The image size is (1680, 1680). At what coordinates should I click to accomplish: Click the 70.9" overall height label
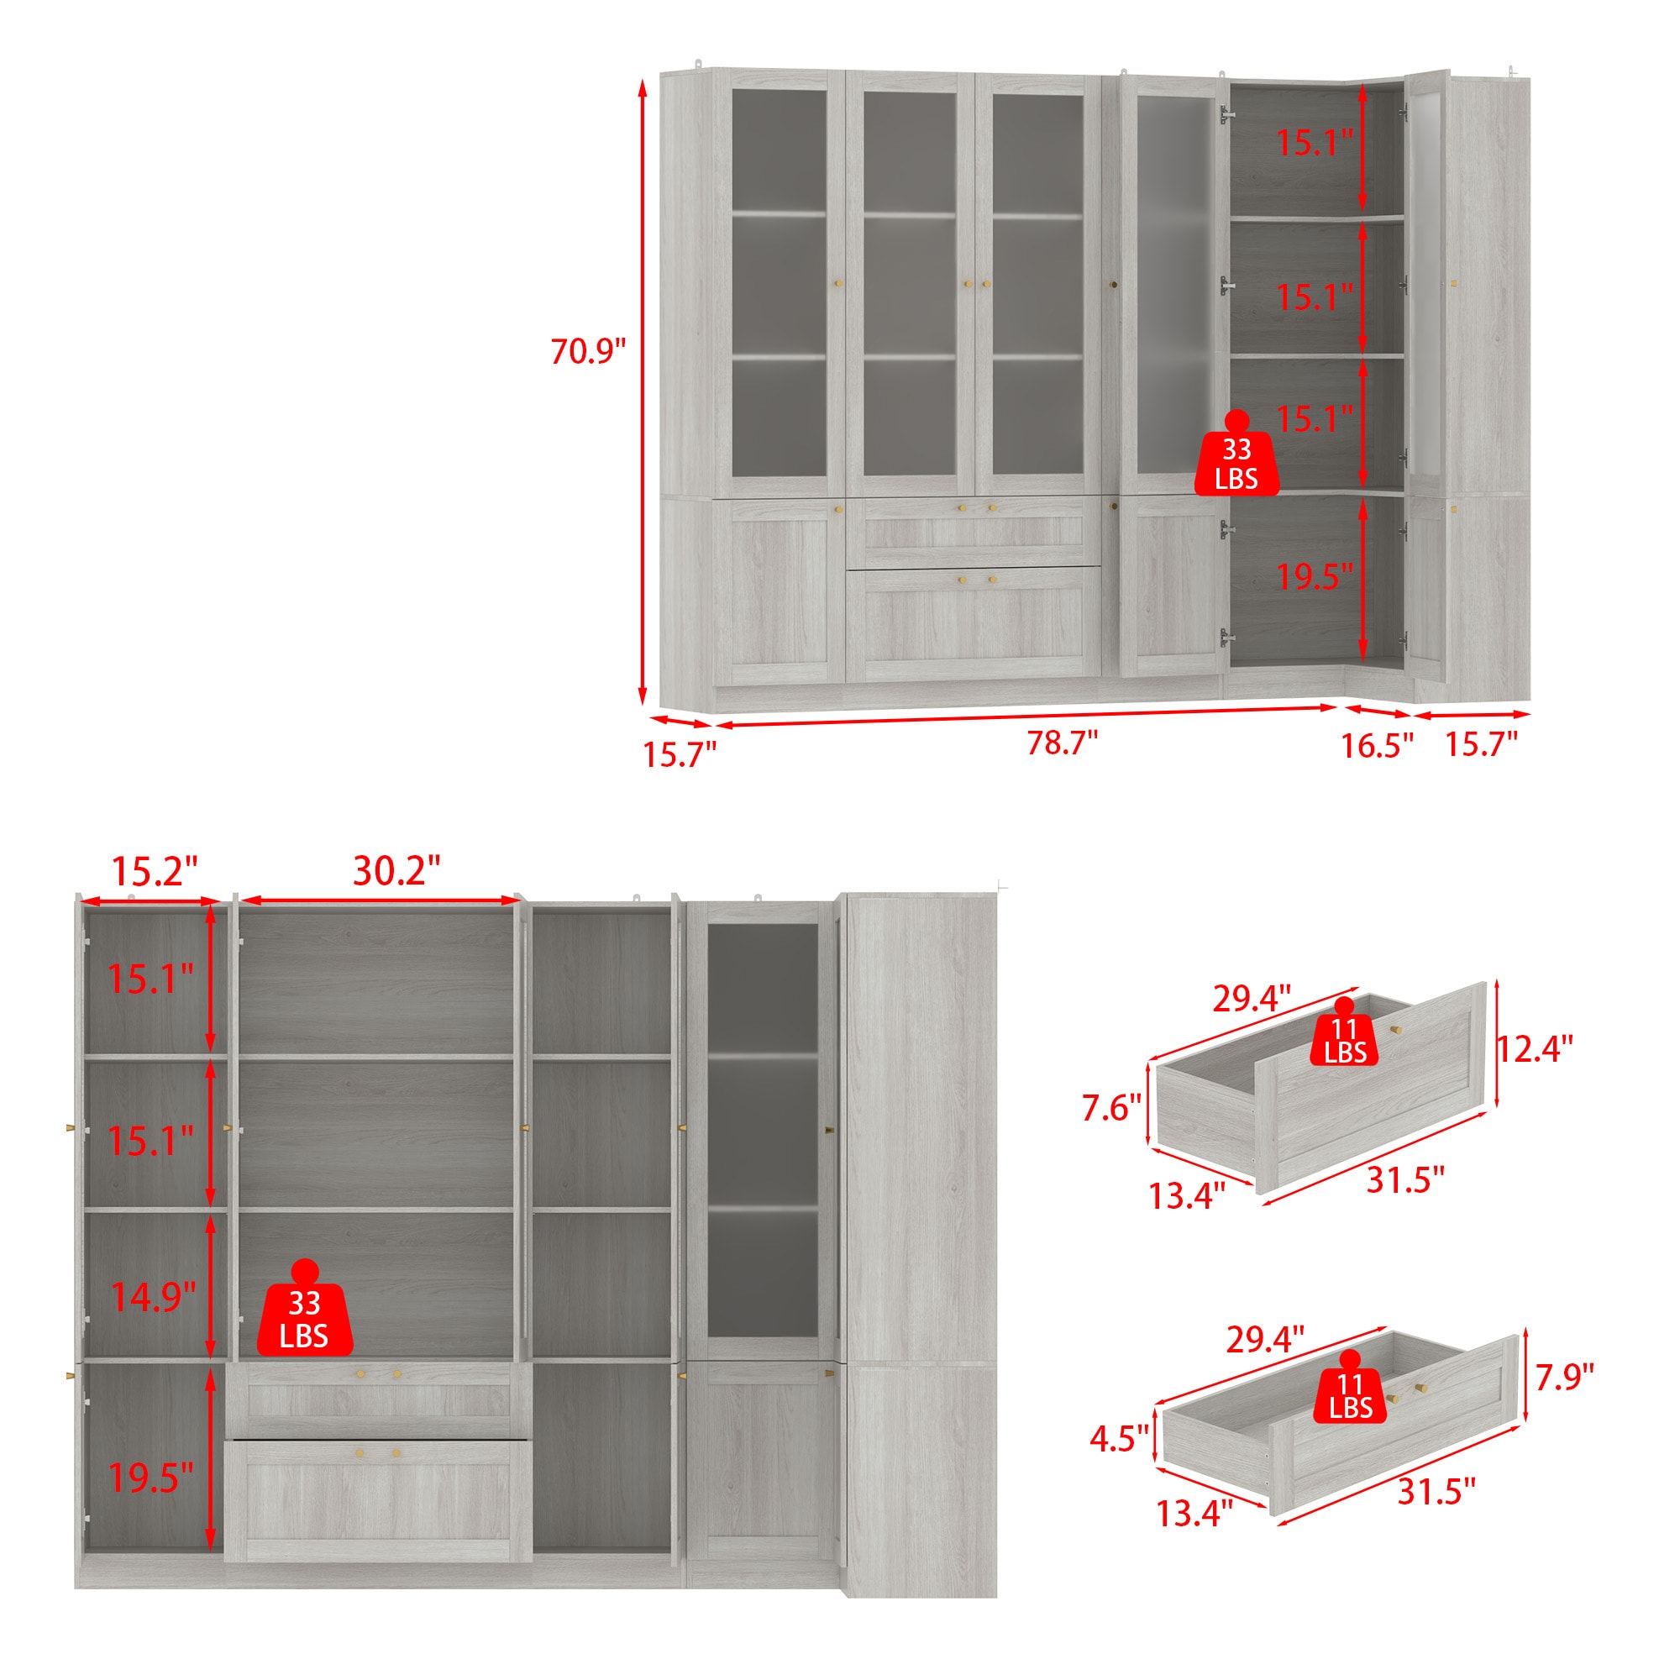588,351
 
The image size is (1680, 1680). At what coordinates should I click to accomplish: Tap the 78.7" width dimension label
1062,743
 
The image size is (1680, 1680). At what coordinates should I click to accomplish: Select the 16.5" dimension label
1377,745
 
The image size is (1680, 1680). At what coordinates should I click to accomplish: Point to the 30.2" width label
396,870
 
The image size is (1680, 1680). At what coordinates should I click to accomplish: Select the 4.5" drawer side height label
1120,1438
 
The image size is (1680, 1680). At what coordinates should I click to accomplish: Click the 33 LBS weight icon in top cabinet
1236,454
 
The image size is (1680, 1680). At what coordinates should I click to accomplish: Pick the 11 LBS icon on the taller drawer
1345,1032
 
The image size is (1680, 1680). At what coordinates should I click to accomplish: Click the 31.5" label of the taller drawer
1406,1180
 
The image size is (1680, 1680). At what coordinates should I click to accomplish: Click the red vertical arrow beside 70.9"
643,392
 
